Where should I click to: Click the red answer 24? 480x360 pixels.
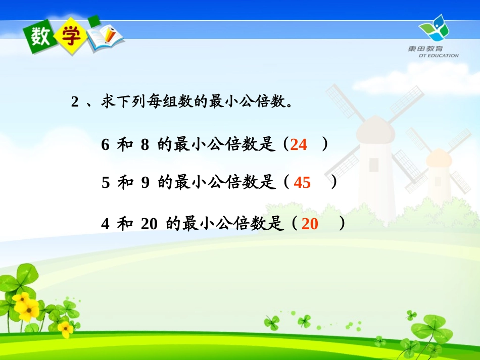[x=299, y=145]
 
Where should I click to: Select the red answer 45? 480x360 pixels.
[x=302, y=183]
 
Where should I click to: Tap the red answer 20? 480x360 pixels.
[x=310, y=224]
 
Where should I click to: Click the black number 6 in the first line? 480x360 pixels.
[x=105, y=145]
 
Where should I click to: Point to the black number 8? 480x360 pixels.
[x=145, y=145]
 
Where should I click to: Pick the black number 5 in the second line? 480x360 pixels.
[x=105, y=183]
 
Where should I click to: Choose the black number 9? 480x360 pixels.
[x=145, y=183]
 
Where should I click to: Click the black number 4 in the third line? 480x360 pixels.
[x=105, y=224]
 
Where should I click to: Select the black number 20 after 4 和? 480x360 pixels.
[x=149, y=224]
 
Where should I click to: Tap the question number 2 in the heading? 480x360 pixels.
[x=75, y=102]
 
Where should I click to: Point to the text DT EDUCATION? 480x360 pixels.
[x=439, y=56]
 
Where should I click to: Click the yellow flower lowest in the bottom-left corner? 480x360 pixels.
[x=65, y=329]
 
